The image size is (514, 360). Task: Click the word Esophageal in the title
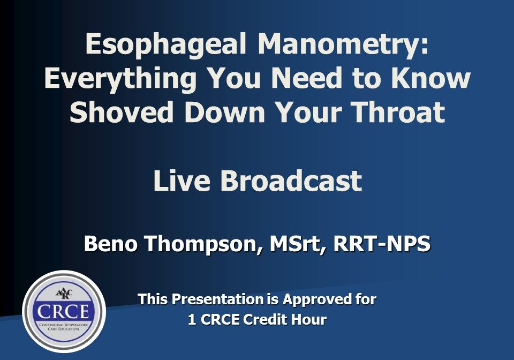(165, 45)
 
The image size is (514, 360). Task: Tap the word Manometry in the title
(343, 45)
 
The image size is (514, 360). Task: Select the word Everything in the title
(120, 79)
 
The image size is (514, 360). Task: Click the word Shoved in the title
(122, 112)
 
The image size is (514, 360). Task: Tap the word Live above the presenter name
(182, 181)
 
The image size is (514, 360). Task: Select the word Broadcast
(291, 181)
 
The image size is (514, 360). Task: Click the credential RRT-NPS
(382, 244)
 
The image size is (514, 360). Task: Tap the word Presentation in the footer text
(217, 299)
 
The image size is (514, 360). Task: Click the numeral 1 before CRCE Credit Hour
(192, 320)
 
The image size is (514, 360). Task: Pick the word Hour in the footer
(308, 320)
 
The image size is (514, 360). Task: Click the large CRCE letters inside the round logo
(63, 311)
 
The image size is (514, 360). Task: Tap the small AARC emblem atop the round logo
(64, 293)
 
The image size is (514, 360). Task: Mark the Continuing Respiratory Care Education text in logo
(64, 327)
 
